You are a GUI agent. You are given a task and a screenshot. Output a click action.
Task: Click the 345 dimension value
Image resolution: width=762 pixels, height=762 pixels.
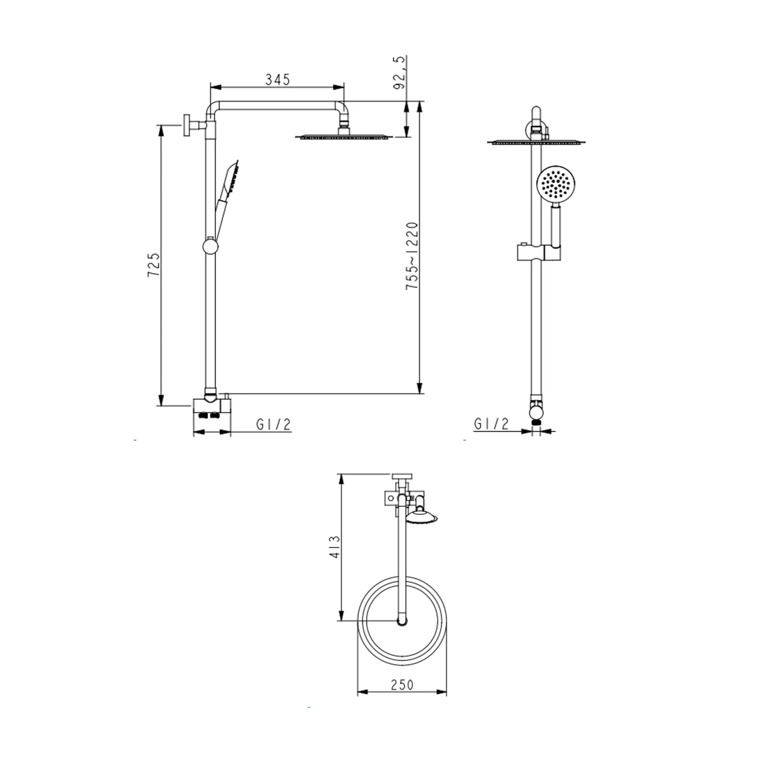click(277, 79)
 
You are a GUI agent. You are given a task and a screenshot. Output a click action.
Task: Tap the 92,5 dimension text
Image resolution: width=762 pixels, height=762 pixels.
click(399, 72)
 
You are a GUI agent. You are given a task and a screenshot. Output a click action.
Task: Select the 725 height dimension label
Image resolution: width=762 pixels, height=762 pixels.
click(154, 265)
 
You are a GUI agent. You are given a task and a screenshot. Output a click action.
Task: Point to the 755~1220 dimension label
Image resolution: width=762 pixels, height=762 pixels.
click(412, 256)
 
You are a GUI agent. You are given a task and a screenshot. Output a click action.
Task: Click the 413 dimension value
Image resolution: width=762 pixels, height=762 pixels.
click(335, 547)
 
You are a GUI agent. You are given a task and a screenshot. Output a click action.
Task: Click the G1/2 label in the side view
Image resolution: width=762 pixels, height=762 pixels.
click(273, 425)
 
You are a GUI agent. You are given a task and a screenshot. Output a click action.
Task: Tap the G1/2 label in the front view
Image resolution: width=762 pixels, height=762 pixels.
click(491, 425)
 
